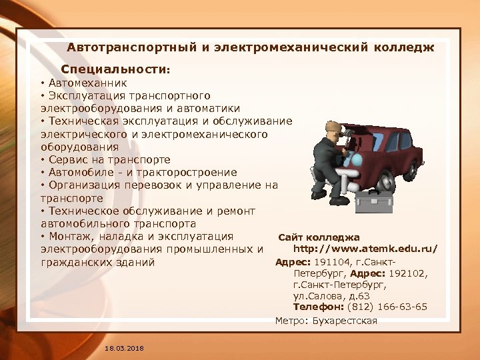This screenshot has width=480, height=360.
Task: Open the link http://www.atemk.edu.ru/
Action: click(365, 249)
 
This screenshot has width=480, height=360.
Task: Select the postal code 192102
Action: click(411, 273)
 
